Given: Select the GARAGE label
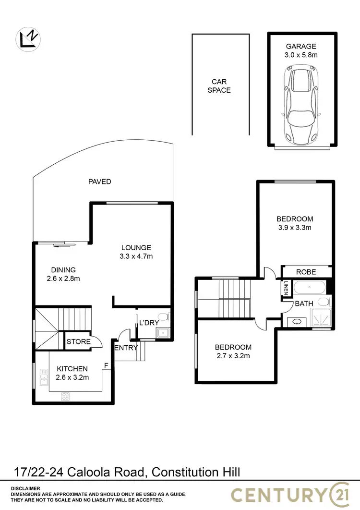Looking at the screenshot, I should click(x=301, y=47).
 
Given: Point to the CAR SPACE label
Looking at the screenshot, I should click(x=219, y=86).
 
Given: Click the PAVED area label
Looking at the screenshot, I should click(x=99, y=182).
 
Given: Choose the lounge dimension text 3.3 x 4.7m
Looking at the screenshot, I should click(x=136, y=256).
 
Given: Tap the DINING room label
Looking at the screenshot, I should click(x=63, y=270).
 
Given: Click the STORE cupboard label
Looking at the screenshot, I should click(x=78, y=341).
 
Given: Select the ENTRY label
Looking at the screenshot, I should click(x=126, y=348).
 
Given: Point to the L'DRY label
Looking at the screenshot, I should click(x=148, y=323).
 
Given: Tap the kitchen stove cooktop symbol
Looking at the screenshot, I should click(x=66, y=396).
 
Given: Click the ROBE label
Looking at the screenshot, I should click(x=306, y=272).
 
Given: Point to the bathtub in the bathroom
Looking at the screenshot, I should click(x=310, y=289).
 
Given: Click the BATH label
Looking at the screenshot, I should click(x=304, y=304).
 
